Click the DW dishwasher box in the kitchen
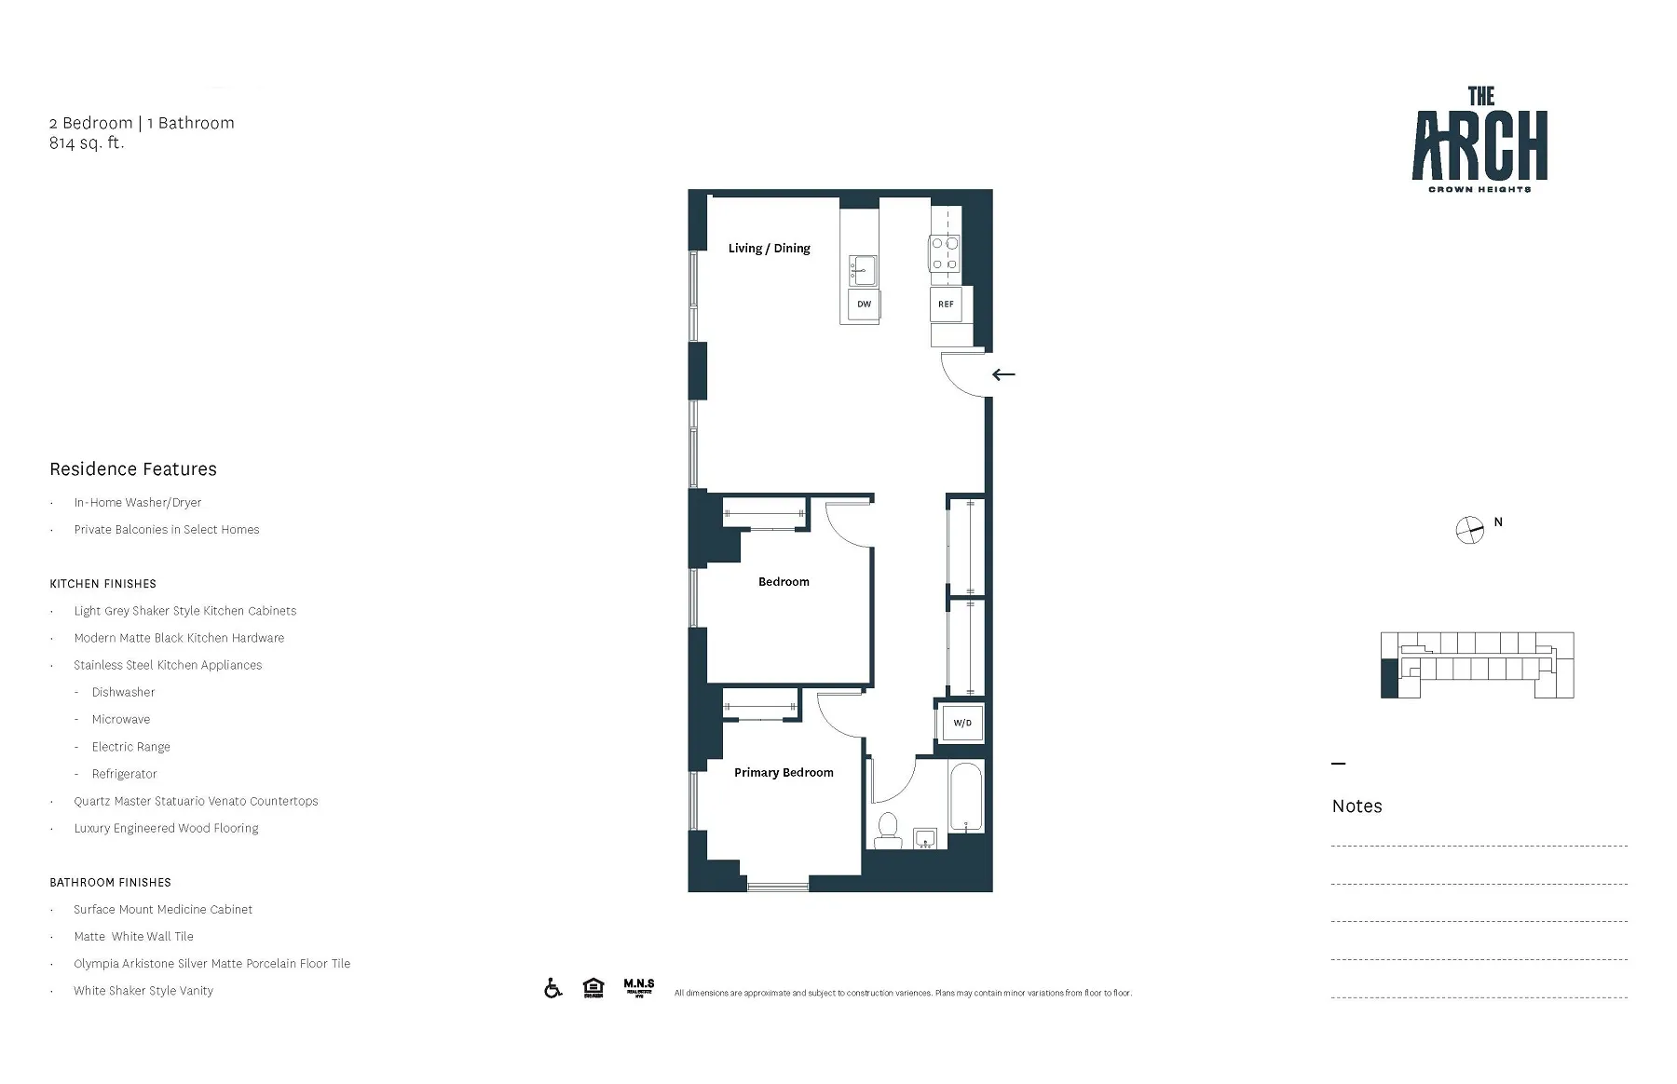(864, 305)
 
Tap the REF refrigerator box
(946, 305)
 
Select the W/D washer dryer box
(961, 723)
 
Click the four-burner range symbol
(945, 253)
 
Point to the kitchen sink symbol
(863, 270)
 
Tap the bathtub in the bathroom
(965, 799)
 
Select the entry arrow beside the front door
(1003, 374)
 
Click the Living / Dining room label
(769, 249)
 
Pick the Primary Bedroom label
(784, 772)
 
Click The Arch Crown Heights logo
(1479, 140)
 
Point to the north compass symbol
(1469, 530)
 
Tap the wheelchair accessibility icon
(553, 988)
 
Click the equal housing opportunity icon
(593, 988)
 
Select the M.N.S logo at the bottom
(639, 988)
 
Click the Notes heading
(1357, 806)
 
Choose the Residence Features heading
(133, 469)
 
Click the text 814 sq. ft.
(87, 143)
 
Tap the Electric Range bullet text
(130, 747)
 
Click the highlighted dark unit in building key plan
(1389, 678)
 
